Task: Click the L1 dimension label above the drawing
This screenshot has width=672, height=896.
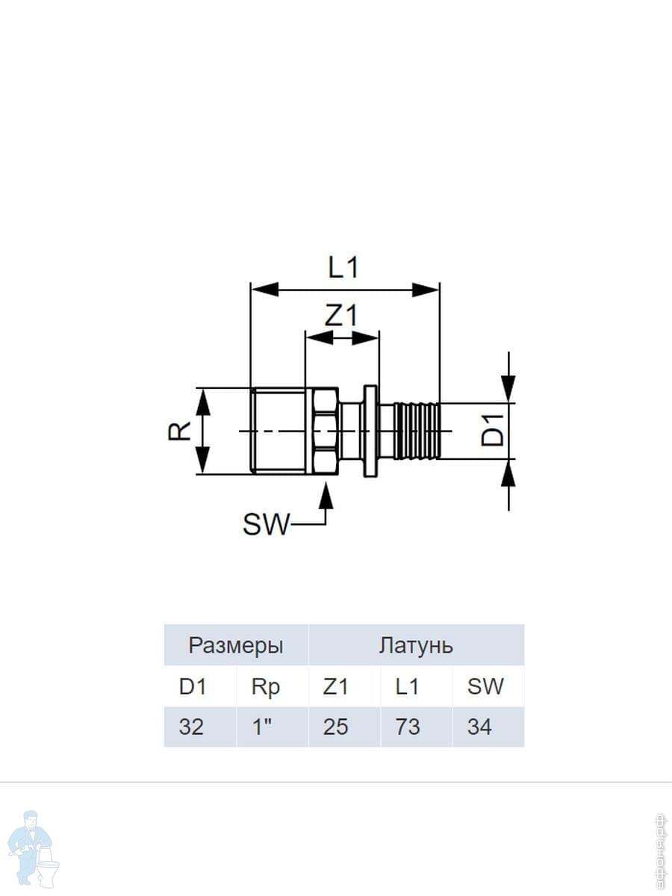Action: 343,267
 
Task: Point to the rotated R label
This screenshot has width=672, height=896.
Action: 180,430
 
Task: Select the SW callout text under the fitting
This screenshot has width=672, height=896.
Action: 266,526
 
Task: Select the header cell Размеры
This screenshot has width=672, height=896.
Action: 236,645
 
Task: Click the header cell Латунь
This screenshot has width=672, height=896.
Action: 416,645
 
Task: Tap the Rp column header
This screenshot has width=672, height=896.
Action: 266,686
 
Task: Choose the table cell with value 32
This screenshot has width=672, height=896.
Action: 192,727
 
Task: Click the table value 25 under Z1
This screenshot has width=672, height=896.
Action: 336,727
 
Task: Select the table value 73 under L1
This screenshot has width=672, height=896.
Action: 408,727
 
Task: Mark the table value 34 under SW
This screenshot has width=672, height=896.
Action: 479,727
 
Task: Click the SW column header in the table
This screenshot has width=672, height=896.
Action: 485,686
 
